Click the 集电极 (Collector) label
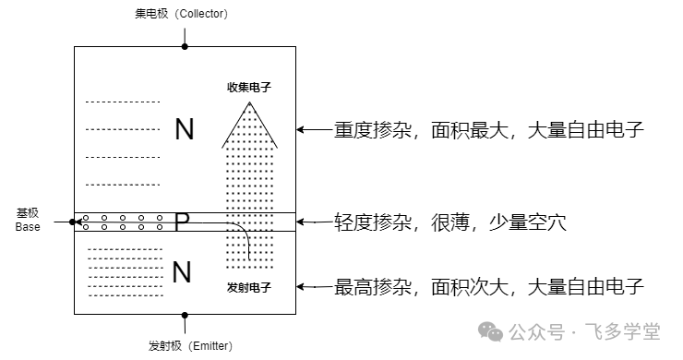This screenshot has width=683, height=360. pyautogui.click(x=185, y=14)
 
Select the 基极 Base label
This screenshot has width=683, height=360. pyautogui.click(x=28, y=220)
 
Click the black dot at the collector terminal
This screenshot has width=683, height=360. pyautogui.click(x=185, y=46)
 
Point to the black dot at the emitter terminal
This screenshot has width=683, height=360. pyautogui.click(x=185, y=314)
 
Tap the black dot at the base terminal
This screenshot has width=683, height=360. pyautogui.click(x=73, y=222)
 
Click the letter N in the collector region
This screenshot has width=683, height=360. pyautogui.click(x=185, y=129)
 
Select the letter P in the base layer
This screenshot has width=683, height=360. pyautogui.click(x=182, y=222)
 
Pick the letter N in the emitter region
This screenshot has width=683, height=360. pyautogui.click(x=182, y=271)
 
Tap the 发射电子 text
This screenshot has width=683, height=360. pyautogui.click(x=248, y=288)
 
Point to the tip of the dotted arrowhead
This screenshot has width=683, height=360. pyautogui.click(x=250, y=102)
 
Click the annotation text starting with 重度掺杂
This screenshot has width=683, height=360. pyautogui.click(x=488, y=130)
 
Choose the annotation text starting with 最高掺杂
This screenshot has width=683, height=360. pyautogui.click(x=488, y=286)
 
